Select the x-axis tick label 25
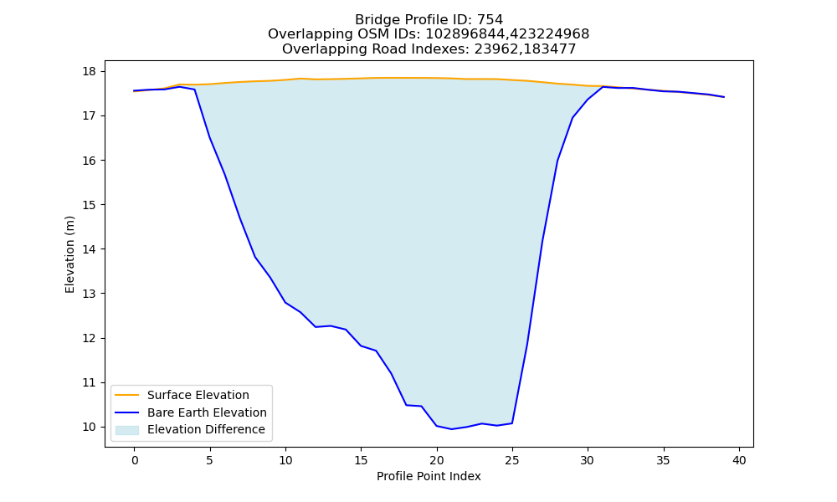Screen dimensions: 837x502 pos(512,460)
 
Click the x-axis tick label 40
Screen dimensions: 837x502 pos(739,460)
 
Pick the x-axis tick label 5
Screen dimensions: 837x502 pos(210,460)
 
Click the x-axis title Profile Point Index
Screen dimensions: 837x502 pos(429,476)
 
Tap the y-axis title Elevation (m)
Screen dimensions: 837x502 pos(70,254)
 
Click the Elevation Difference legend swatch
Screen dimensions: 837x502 pos(127,430)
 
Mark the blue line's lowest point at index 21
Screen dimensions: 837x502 pos(452,429)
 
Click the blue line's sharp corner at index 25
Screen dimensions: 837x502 pos(512,423)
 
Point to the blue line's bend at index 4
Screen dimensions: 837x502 pos(194,90)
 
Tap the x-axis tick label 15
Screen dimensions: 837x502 pos(362,460)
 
